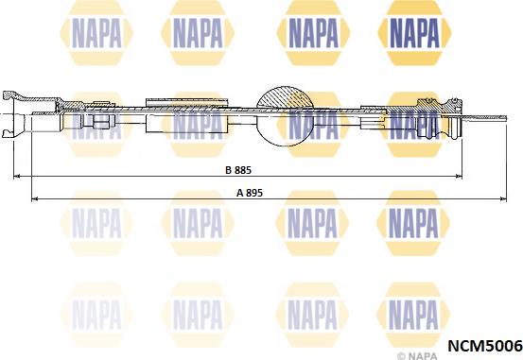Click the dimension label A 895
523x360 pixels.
point(249,192)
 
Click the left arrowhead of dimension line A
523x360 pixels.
point(35,198)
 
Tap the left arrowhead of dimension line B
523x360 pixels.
point(14,177)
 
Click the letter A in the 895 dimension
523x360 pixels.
point(239,192)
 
